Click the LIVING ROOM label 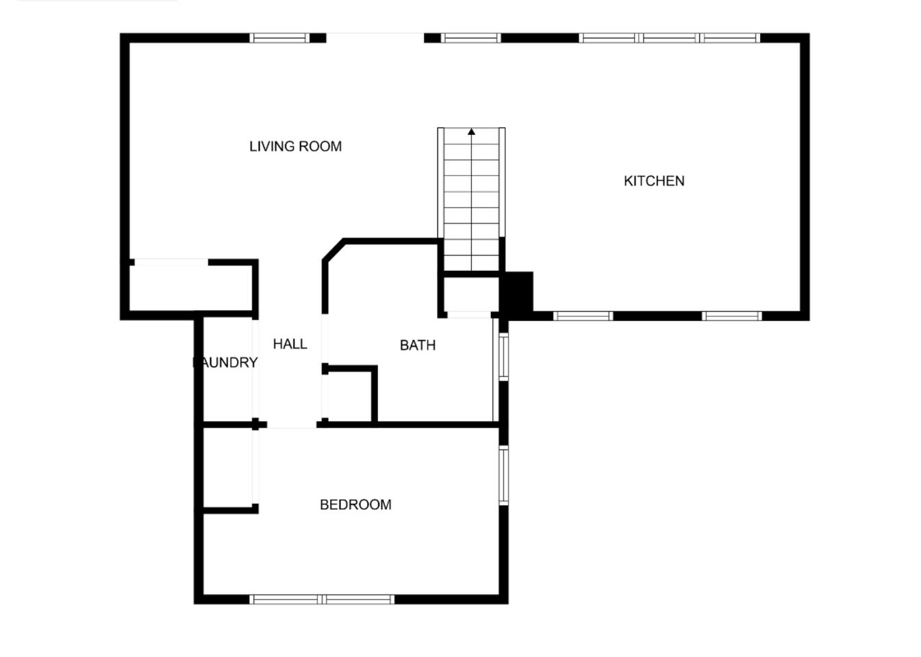[295, 146]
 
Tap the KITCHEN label [654, 181]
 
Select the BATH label [417, 345]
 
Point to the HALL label [290, 344]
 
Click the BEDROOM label [355, 504]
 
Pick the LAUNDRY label [225, 363]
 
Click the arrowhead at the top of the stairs [471, 131]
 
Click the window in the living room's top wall [279, 38]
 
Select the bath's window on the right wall [504, 357]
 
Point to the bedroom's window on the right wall [504, 475]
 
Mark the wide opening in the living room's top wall [375, 38]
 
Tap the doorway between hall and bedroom [292, 425]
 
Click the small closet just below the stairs [471, 294]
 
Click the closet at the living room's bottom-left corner [190, 288]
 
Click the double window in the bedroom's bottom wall [322, 599]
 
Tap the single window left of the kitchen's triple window [471, 38]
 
